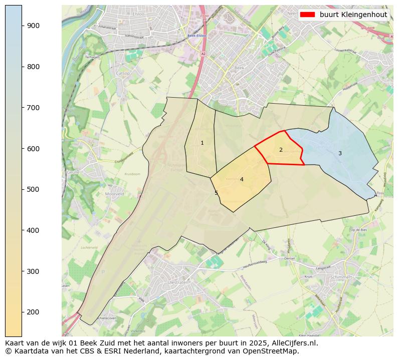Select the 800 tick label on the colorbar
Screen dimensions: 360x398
click(x=33, y=67)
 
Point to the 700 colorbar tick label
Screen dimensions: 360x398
click(x=33, y=108)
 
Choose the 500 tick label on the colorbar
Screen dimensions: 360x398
click(x=33, y=189)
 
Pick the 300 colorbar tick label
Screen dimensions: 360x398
click(x=33, y=271)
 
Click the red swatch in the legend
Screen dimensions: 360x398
click(x=308, y=15)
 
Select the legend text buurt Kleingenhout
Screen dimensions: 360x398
click(x=353, y=15)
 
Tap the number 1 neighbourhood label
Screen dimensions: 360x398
click(x=202, y=143)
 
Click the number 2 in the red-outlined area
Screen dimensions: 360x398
click(x=281, y=150)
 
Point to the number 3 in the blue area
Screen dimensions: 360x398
click(x=340, y=154)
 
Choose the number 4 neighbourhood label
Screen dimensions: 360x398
click(x=242, y=180)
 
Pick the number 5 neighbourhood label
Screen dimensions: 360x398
click(x=217, y=193)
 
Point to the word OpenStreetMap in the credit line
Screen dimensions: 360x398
click(x=273, y=351)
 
